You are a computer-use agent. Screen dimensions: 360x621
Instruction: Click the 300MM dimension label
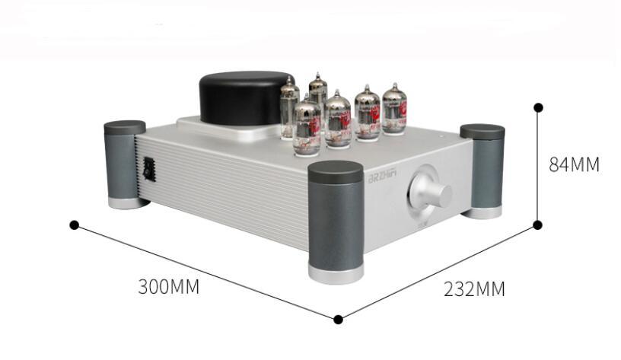(168, 287)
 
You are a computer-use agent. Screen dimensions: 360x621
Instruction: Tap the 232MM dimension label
(474, 289)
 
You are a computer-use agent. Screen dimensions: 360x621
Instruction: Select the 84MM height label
(575, 164)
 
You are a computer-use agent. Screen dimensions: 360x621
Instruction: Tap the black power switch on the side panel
(149, 169)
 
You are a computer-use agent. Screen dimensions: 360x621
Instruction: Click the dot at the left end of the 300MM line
(74, 225)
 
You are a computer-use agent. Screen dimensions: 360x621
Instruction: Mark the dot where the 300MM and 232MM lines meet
(338, 319)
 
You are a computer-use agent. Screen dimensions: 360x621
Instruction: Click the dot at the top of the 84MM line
(538, 107)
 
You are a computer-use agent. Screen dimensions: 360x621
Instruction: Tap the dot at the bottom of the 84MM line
(537, 225)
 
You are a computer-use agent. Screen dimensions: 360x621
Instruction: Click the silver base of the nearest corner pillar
(336, 272)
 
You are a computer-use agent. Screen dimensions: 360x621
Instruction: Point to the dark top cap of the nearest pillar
(336, 171)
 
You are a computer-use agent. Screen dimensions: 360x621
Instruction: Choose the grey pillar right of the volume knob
(482, 172)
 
